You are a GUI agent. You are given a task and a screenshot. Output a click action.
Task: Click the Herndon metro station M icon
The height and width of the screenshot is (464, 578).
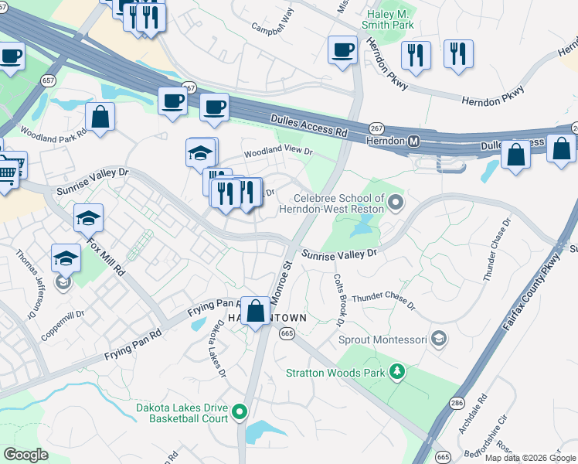click(x=413, y=142)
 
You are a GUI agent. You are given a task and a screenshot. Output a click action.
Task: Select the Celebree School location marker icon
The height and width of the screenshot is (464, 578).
click(x=396, y=203)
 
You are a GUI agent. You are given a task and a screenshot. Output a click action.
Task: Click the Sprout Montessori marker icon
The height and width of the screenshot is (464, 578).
click(x=439, y=339)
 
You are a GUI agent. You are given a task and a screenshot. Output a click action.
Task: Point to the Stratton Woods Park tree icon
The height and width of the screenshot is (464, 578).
click(x=397, y=373)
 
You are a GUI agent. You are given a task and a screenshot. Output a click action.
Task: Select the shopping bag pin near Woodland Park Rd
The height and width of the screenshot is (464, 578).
click(x=100, y=118)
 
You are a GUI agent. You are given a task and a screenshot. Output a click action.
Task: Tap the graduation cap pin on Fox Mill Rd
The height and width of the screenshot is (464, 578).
click(x=88, y=218)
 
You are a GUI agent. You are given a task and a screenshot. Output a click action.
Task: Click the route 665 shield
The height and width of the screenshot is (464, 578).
click(x=287, y=333)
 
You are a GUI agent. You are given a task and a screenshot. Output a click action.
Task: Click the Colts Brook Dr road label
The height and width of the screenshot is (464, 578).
click(x=338, y=299)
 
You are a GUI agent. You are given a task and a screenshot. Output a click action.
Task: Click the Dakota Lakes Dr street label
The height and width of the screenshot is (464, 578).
click(x=216, y=350)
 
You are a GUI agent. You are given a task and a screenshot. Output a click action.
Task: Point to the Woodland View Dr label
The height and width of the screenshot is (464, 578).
click(x=277, y=153)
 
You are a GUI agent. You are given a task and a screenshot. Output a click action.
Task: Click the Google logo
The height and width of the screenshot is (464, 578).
click(x=25, y=455)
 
